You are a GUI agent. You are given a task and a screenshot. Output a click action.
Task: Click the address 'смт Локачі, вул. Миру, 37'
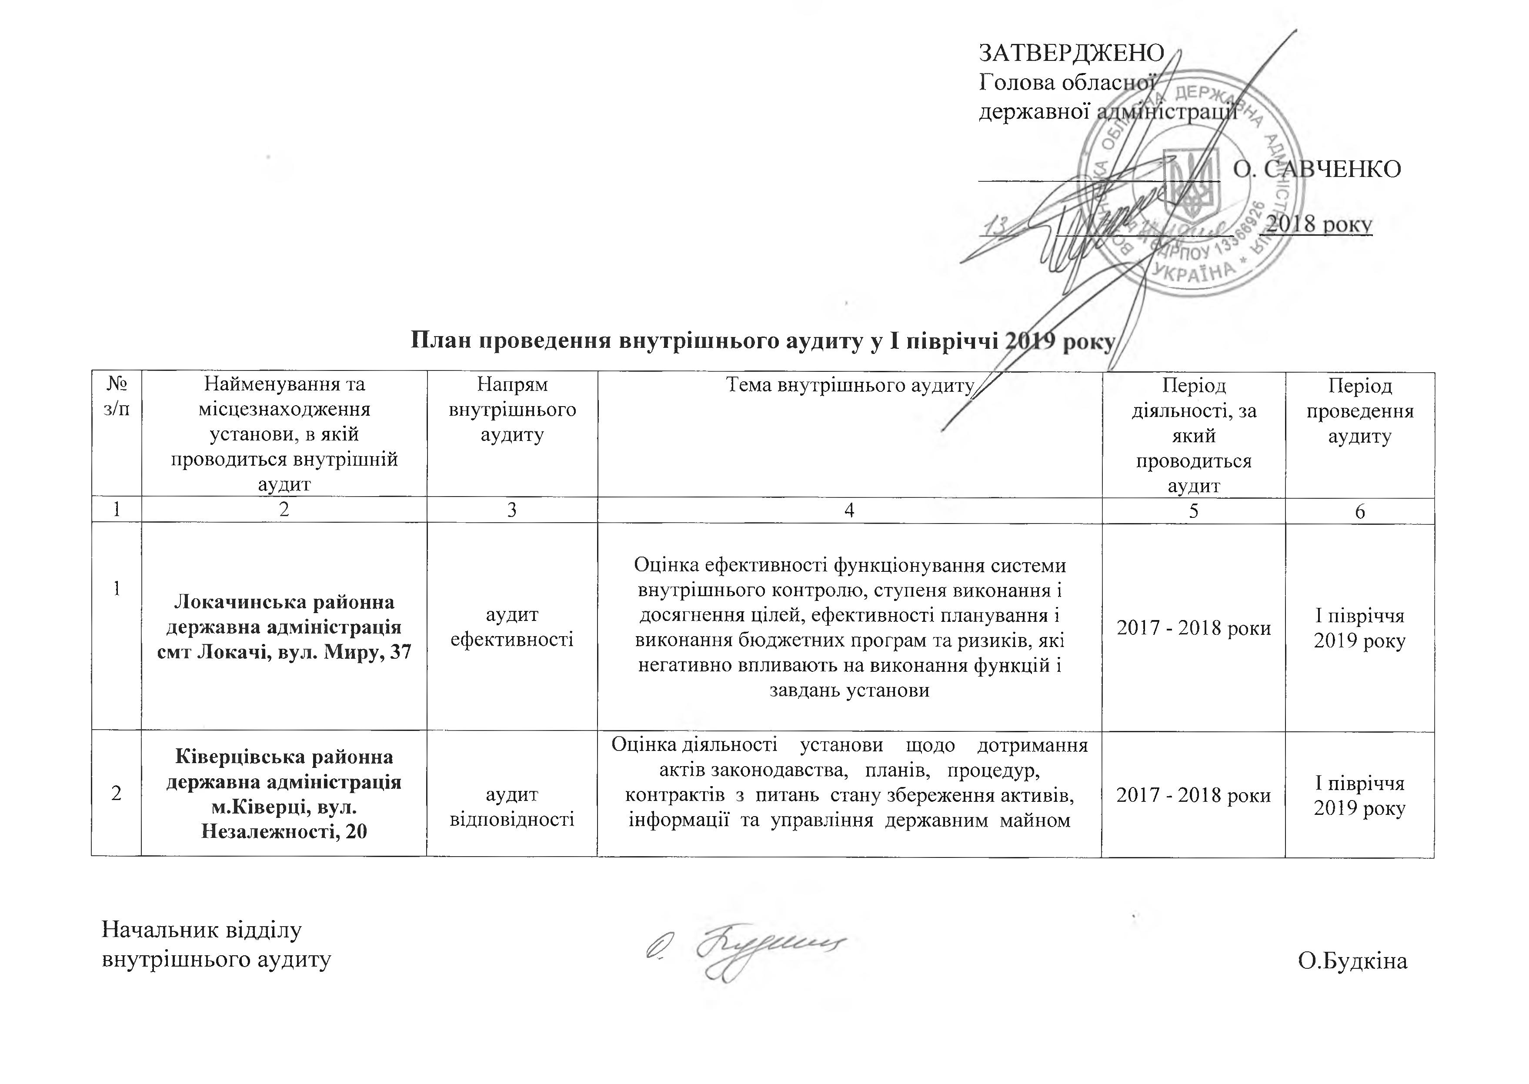point(284,652)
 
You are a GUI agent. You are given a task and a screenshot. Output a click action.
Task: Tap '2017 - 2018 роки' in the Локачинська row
point(1193,627)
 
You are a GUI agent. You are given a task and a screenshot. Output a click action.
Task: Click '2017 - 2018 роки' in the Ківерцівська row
point(1193,794)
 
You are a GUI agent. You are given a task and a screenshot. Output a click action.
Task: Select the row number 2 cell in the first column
point(117,794)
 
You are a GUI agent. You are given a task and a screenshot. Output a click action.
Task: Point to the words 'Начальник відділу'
point(201,929)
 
